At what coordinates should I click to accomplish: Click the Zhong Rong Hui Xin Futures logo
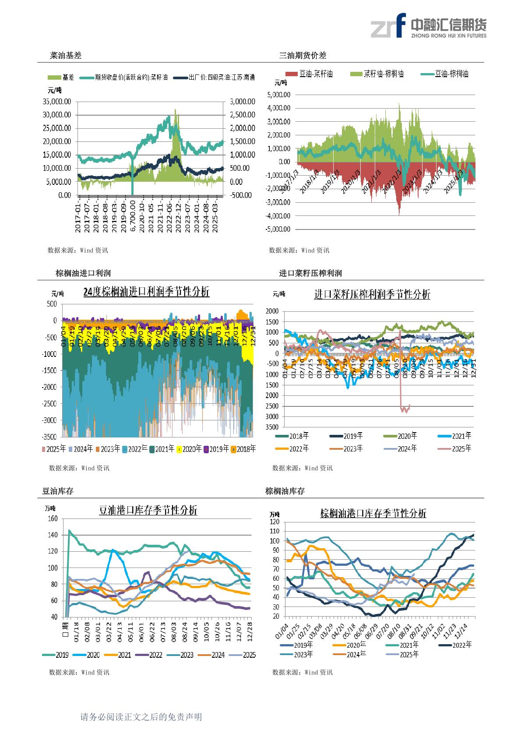click(x=428, y=25)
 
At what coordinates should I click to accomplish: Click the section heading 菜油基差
click(x=66, y=56)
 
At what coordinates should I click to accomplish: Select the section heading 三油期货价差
click(x=303, y=56)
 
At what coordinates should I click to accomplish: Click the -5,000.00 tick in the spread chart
click(x=278, y=229)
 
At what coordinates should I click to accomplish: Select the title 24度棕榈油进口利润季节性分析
click(x=146, y=292)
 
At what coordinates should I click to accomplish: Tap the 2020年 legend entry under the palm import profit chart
click(x=191, y=449)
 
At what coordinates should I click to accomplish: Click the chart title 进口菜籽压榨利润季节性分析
click(x=372, y=294)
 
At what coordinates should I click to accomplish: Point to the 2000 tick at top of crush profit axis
click(x=272, y=311)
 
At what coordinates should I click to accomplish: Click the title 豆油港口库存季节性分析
click(x=148, y=510)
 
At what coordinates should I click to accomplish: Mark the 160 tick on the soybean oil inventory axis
click(x=52, y=518)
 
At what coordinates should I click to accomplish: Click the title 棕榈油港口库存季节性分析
click(x=373, y=513)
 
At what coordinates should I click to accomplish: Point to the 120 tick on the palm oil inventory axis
click(x=275, y=522)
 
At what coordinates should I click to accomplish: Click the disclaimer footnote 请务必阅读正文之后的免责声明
click(x=141, y=717)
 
